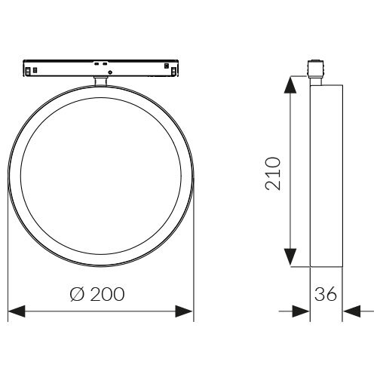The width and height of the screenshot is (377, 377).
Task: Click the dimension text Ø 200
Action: click(x=97, y=294)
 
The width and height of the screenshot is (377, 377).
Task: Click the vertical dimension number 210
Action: click(x=273, y=173)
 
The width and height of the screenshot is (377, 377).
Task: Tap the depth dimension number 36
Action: click(x=326, y=294)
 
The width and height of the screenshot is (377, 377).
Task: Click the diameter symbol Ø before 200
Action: click(x=77, y=294)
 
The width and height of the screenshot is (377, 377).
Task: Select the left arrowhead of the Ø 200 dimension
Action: click(x=17, y=311)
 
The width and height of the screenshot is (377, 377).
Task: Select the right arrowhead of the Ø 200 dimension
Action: click(x=184, y=311)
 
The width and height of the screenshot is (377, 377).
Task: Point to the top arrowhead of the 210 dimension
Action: click(x=290, y=85)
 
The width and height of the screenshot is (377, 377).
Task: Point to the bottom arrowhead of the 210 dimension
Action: click(x=290, y=257)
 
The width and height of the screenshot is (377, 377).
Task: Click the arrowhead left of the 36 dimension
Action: click(x=301, y=311)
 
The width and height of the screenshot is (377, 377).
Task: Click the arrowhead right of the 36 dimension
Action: click(x=352, y=311)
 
